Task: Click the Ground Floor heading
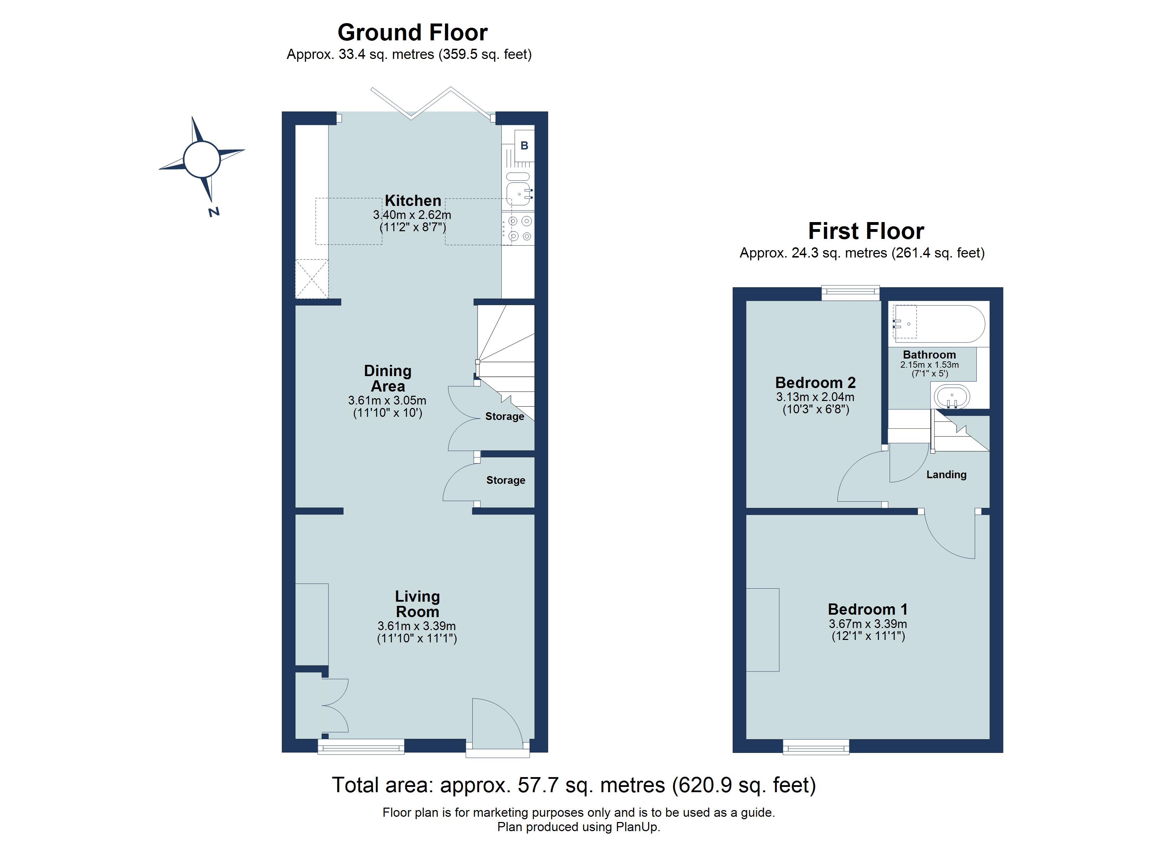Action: pyautogui.click(x=413, y=33)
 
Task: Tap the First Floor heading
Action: pyautogui.click(x=866, y=231)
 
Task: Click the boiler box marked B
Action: pyautogui.click(x=524, y=146)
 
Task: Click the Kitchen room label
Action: pyautogui.click(x=413, y=200)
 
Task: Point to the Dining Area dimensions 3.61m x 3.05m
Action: pyautogui.click(x=387, y=401)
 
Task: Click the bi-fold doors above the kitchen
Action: pyautogui.click(x=432, y=103)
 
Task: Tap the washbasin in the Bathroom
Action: pyautogui.click(x=952, y=397)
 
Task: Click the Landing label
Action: pyautogui.click(x=946, y=475)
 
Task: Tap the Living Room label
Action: pyautogui.click(x=417, y=604)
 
